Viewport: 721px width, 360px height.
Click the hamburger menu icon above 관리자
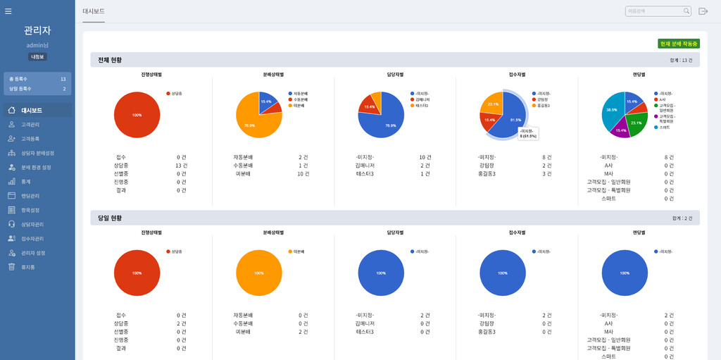point(8,11)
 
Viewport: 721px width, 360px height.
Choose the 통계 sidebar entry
point(26,181)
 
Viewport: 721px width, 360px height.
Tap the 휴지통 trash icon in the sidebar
point(11,267)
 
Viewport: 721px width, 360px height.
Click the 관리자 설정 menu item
point(33,253)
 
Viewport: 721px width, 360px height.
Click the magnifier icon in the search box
point(686,11)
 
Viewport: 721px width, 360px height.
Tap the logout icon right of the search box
point(703,11)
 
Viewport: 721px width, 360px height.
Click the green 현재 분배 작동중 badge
point(678,44)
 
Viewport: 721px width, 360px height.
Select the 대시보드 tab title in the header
point(94,11)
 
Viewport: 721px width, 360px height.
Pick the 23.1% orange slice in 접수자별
point(493,104)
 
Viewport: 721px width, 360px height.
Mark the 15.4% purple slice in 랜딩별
point(620,130)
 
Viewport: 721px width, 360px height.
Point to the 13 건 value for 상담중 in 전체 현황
point(182,165)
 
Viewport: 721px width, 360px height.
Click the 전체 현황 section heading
point(110,60)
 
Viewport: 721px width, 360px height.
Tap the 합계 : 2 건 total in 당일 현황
point(680,218)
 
